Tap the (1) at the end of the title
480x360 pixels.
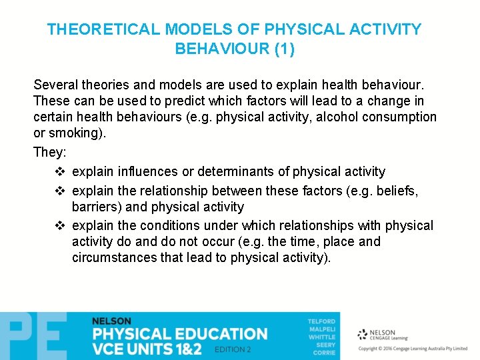(x=283, y=49)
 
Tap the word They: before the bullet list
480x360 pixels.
(x=49, y=152)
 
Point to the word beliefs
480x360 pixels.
(x=396, y=191)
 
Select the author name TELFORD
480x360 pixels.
(x=321, y=321)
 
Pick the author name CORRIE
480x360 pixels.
(x=325, y=353)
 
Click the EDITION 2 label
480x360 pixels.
(x=233, y=349)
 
